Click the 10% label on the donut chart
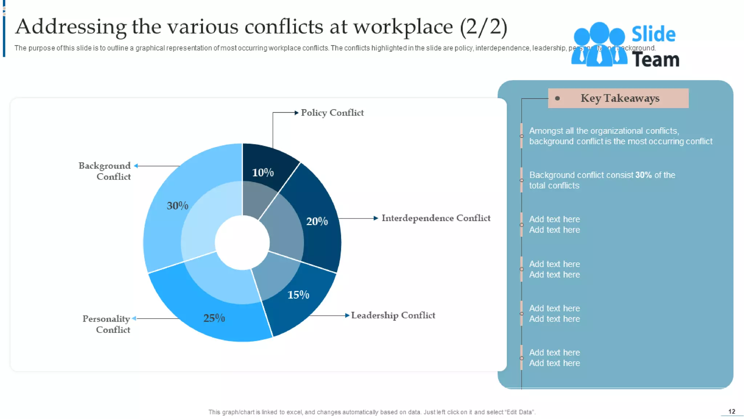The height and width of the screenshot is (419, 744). [x=263, y=172]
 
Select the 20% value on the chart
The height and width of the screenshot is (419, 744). [x=317, y=221]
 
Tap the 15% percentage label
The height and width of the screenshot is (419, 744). [x=298, y=295]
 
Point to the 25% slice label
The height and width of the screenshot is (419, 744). [x=214, y=318]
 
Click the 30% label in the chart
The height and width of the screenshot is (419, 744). [x=177, y=205]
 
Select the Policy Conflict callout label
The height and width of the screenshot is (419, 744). [x=332, y=113]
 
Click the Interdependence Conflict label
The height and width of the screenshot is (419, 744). [x=436, y=218]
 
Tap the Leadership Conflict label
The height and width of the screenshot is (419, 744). [x=393, y=315]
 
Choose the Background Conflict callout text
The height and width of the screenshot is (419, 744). [x=105, y=171]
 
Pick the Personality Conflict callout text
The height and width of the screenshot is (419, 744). [x=106, y=324]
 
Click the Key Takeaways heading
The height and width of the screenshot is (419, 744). [x=620, y=98]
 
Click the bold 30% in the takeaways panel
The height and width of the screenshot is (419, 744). [x=643, y=175]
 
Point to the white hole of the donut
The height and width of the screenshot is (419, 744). [x=242, y=243]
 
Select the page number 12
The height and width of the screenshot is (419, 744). [x=732, y=411]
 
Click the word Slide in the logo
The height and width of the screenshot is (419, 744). [x=653, y=34]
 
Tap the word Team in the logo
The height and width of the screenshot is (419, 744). [x=656, y=59]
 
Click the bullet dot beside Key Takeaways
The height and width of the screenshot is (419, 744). [x=557, y=98]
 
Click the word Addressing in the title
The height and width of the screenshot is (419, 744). [x=71, y=27]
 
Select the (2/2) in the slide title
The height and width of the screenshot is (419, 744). [x=484, y=27]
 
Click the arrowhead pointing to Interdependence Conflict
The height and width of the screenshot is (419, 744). [x=376, y=218]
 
